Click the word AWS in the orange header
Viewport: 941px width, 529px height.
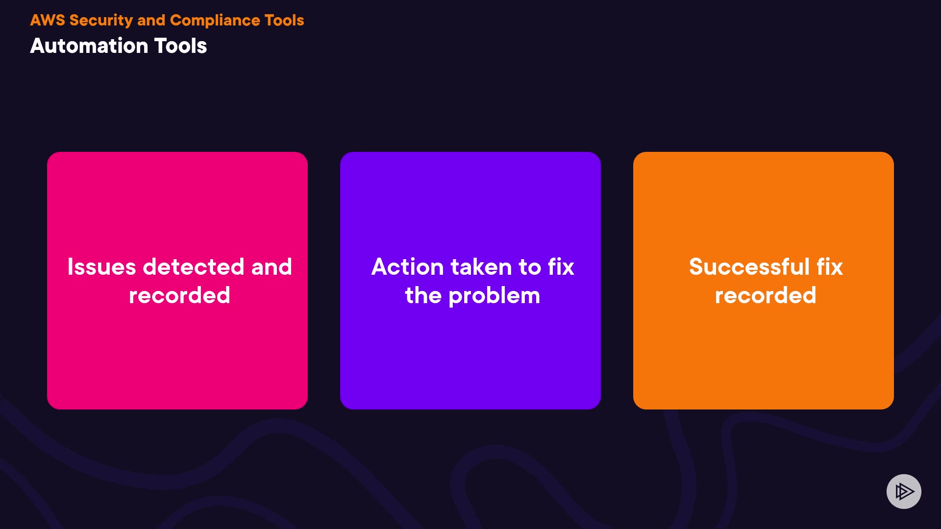tap(48, 20)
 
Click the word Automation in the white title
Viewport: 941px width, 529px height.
tap(89, 46)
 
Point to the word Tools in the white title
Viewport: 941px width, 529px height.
tap(181, 46)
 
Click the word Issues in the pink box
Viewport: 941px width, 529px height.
tap(102, 267)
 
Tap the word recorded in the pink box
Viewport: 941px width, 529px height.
tap(179, 295)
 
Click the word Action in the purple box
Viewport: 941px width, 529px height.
tap(408, 267)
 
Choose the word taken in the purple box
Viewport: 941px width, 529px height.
tap(481, 267)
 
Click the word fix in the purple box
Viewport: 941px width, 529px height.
tap(561, 267)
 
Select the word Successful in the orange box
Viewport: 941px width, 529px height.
tap(749, 267)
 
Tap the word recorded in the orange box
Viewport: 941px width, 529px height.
tap(766, 295)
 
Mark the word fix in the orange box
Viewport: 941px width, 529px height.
tap(830, 267)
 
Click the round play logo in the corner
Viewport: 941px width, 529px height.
tap(904, 491)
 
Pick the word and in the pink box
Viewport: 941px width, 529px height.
tap(272, 267)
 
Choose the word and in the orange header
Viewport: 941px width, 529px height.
tap(151, 20)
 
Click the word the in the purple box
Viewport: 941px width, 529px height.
tap(423, 295)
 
